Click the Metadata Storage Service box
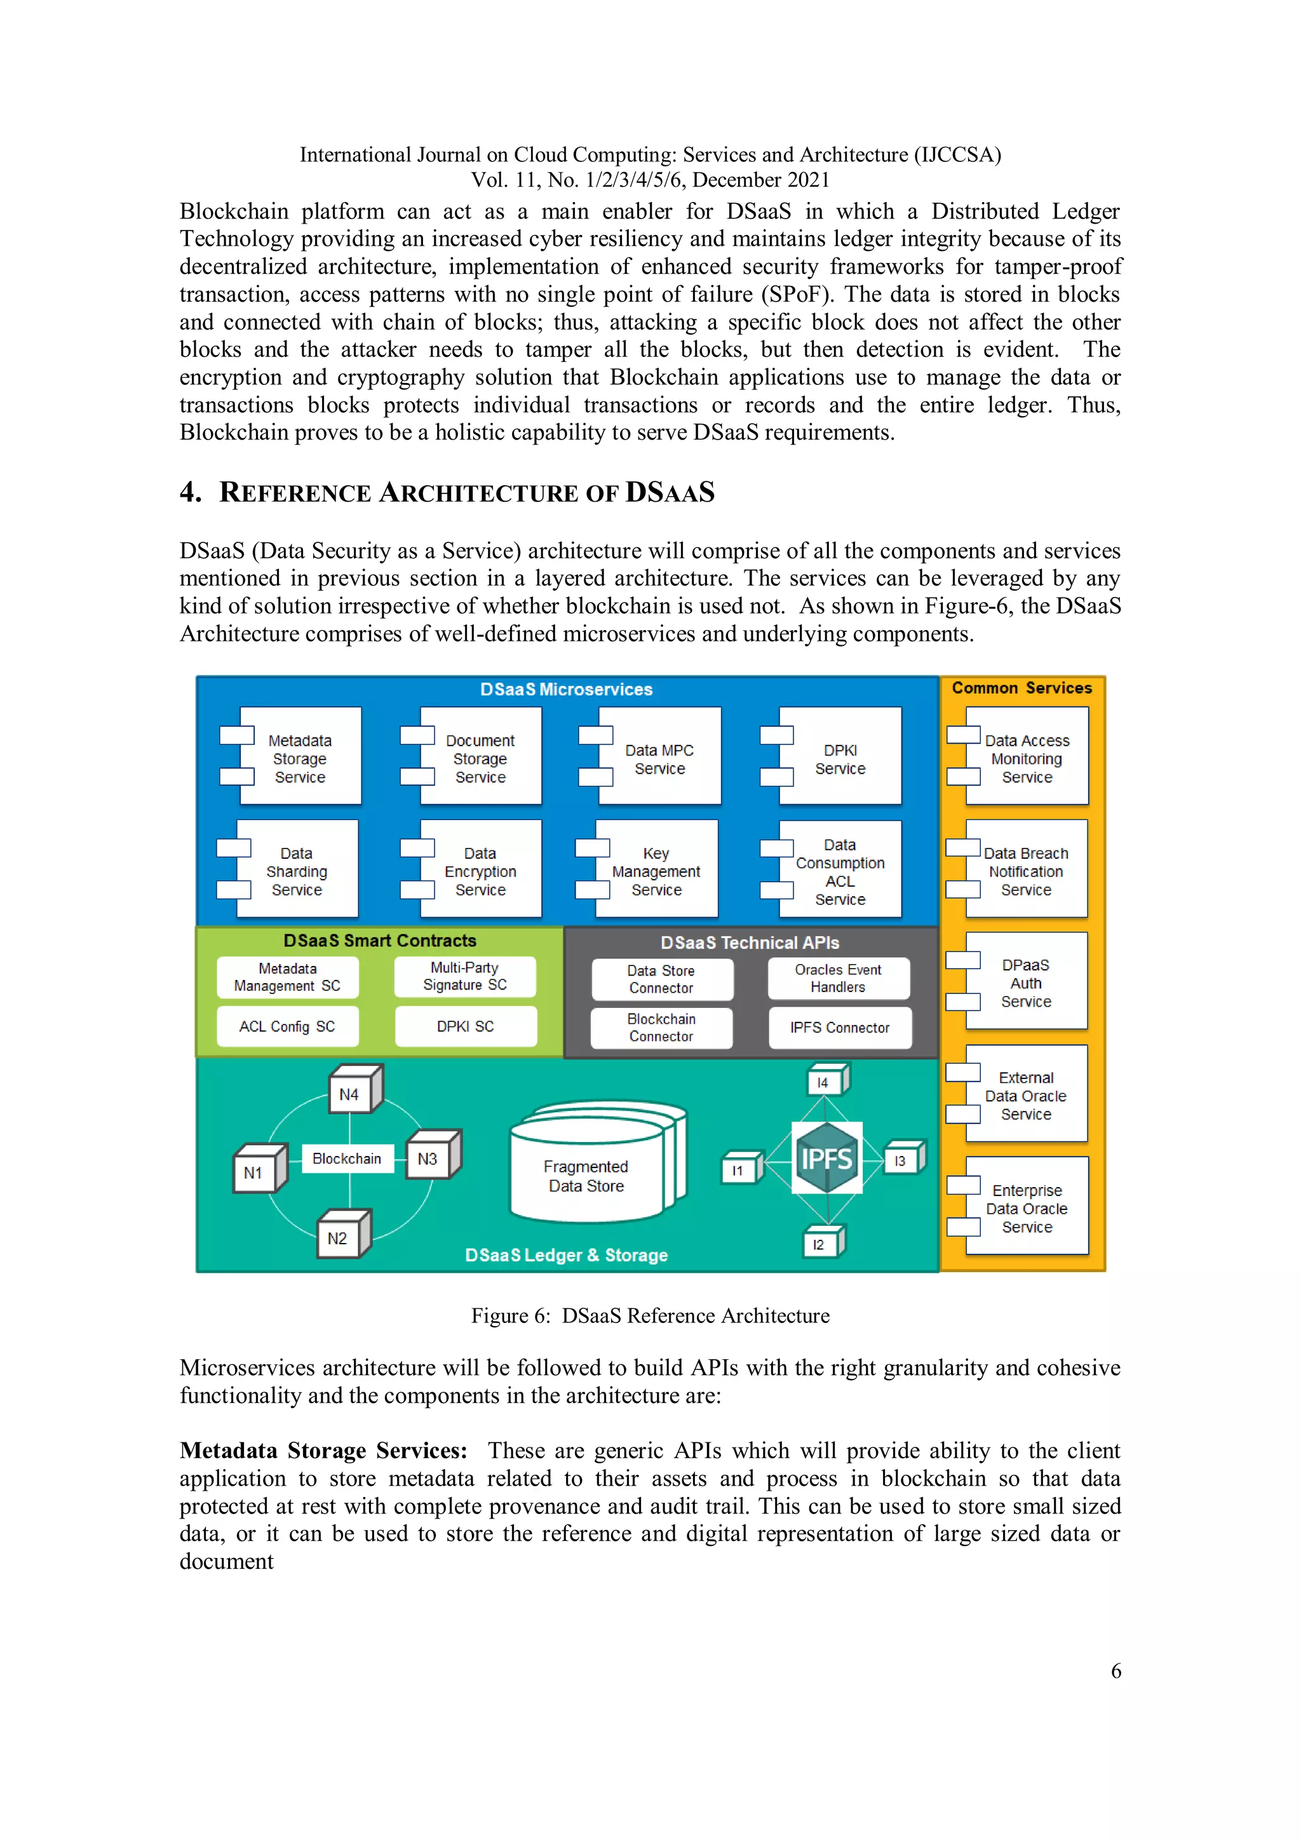point(300,757)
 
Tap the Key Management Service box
point(656,870)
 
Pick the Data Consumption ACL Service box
point(839,870)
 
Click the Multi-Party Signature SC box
point(464,976)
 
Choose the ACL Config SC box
point(287,1026)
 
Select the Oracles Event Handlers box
point(838,979)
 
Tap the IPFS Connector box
point(839,1028)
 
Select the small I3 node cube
point(903,1159)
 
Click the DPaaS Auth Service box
point(1025,983)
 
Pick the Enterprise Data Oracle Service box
point(1026,1207)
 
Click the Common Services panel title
point(1021,688)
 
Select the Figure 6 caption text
point(650,1316)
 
